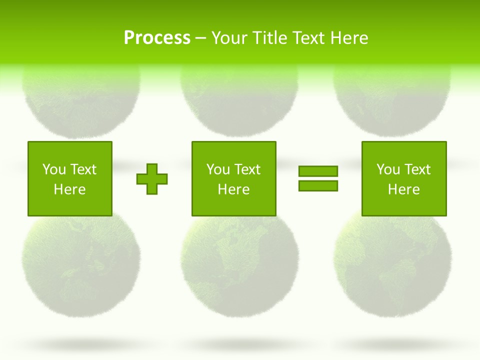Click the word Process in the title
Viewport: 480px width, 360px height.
tap(157, 38)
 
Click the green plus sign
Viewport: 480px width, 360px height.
tap(152, 178)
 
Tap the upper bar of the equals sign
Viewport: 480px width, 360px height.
tap(318, 171)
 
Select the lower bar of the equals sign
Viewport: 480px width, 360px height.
tap(318, 185)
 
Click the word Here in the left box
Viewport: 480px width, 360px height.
tap(69, 189)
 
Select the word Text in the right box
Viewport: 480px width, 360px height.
tap(418, 169)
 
